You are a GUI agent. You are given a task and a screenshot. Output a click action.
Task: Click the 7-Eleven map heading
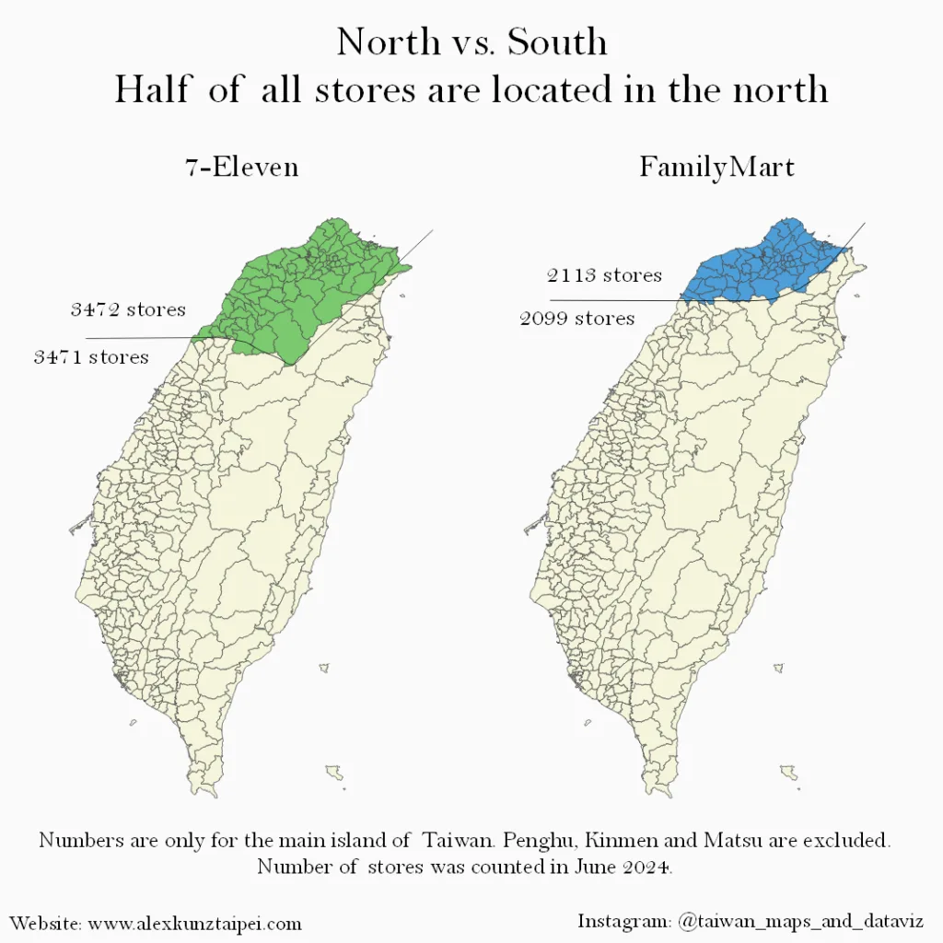click(x=242, y=168)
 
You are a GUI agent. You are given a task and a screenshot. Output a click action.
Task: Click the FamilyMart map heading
click(x=716, y=168)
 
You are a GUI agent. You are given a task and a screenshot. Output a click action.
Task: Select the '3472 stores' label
click(x=128, y=309)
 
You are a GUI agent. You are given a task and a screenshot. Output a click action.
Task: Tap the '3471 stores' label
click(x=91, y=356)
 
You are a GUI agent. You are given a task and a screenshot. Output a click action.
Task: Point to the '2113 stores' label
click(x=604, y=275)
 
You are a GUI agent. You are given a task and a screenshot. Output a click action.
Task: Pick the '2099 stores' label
click(x=577, y=319)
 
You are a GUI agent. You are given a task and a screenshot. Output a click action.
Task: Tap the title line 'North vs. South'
click(x=471, y=42)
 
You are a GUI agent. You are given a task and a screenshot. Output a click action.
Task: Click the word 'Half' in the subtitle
click(x=153, y=89)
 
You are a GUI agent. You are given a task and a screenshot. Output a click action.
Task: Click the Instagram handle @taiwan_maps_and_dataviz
click(x=800, y=921)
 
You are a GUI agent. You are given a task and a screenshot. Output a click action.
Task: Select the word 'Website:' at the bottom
click(x=45, y=923)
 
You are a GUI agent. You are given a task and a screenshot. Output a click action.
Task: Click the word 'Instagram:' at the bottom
click(x=623, y=921)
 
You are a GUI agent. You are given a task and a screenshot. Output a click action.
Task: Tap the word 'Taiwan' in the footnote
click(x=458, y=841)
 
